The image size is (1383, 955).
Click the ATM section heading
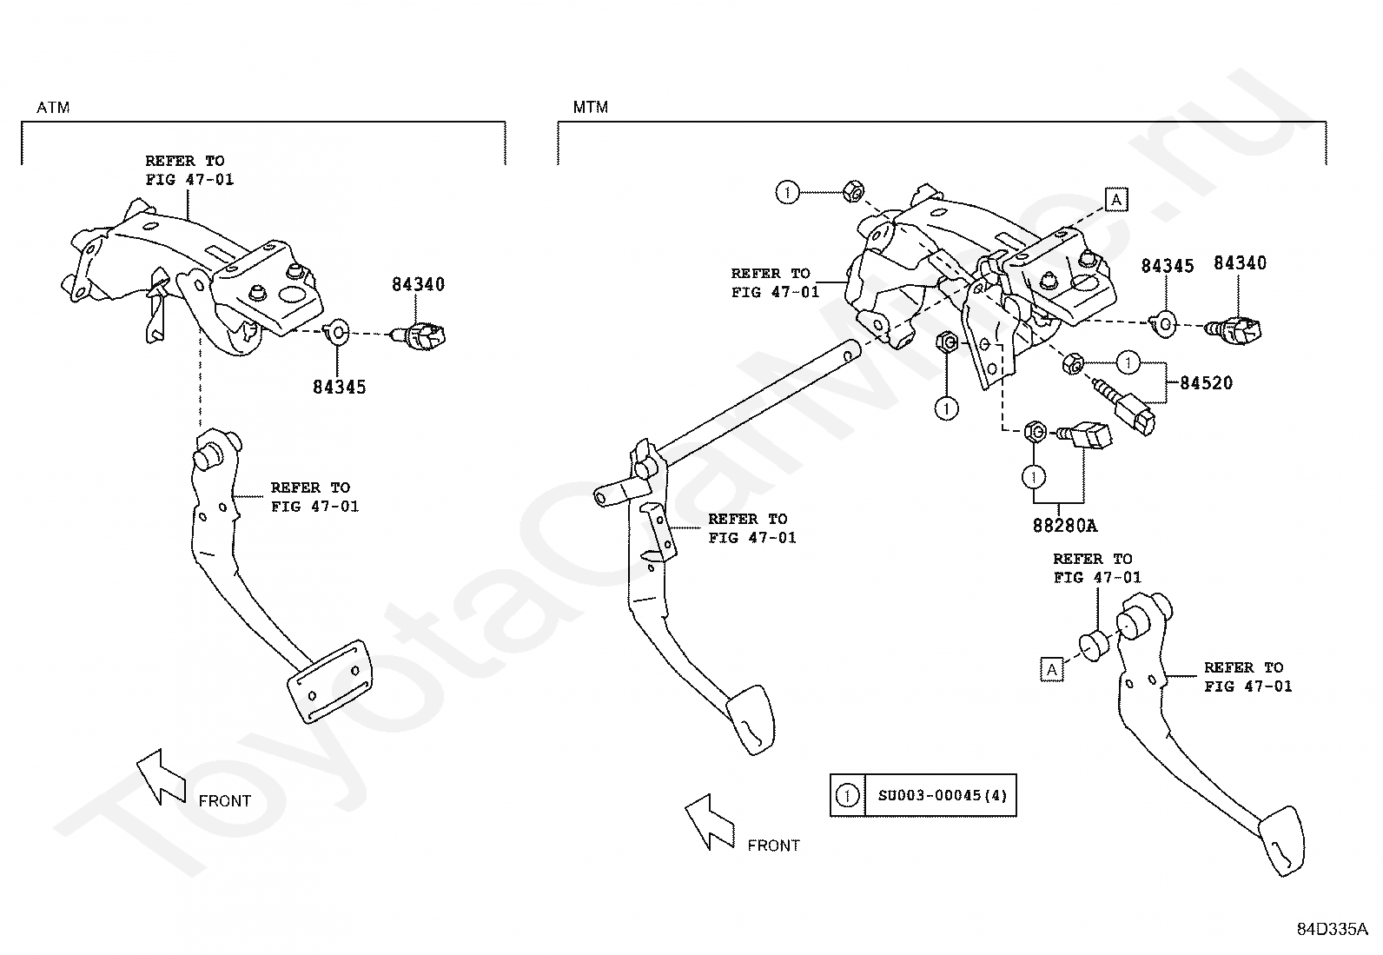pos(53,108)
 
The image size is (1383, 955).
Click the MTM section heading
pos(590,108)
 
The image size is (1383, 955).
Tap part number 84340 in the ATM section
pos(418,284)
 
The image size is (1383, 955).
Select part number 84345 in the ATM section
pos(339,388)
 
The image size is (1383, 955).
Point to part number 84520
pos(1207,383)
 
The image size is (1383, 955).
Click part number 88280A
pos(1065,526)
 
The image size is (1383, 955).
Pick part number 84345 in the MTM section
pos(1167,266)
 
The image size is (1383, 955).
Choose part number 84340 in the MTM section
pos(1240,263)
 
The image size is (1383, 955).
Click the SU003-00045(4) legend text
pos(943,795)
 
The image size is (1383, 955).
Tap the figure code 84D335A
pos(1332,929)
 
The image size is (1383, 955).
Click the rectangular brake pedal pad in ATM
pos(330,680)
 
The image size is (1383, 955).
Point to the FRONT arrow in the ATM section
pos(161,777)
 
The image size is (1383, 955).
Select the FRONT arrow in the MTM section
pos(710,821)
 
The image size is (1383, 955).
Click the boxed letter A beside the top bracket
pos(1116,200)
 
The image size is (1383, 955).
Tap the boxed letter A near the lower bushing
pos(1052,670)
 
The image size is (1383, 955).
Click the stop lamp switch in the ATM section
pos(420,335)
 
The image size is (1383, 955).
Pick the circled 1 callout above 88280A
pos(1034,476)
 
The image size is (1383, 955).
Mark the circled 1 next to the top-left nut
pos(787,192)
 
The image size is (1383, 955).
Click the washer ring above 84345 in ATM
pos(337,332)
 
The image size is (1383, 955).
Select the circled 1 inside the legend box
pos(847,795)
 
